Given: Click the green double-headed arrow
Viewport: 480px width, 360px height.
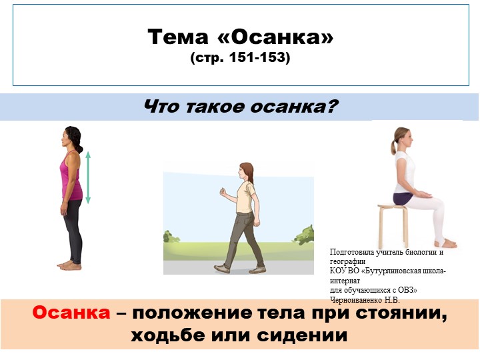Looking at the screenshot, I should coord(87,177).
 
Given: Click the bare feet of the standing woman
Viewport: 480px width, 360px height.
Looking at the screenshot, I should coord(69,265).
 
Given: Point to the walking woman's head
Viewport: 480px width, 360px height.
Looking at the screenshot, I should coord(247,172).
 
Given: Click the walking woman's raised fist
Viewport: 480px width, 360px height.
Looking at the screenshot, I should coord(223,194).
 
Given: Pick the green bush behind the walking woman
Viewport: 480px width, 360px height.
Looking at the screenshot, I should coord(303,235).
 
